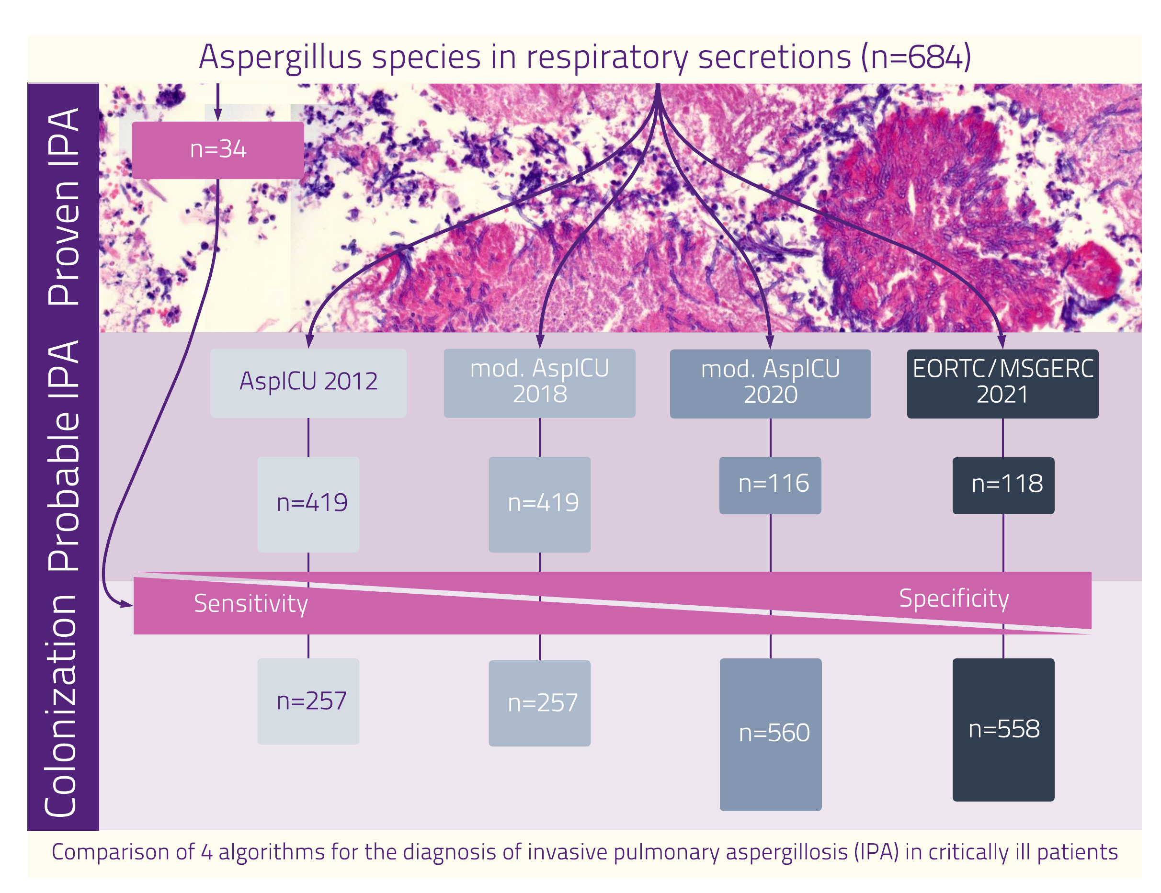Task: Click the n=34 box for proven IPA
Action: click(217, 150)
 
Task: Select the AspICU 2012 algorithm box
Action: click(308, 383)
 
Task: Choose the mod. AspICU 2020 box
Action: click(770, 383)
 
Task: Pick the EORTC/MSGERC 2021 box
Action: click(1002, 383)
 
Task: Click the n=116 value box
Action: click(770, 485)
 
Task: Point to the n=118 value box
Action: click(1003, 485)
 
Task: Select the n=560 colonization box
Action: click(770, 734)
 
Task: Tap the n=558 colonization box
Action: click(1003, 729)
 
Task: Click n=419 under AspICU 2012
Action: click(308, 504)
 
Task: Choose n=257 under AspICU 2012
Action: click(308, 701)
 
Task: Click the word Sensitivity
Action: click(251, 604)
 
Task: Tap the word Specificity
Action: click(954, 599)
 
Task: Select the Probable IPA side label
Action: click(63, 456)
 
